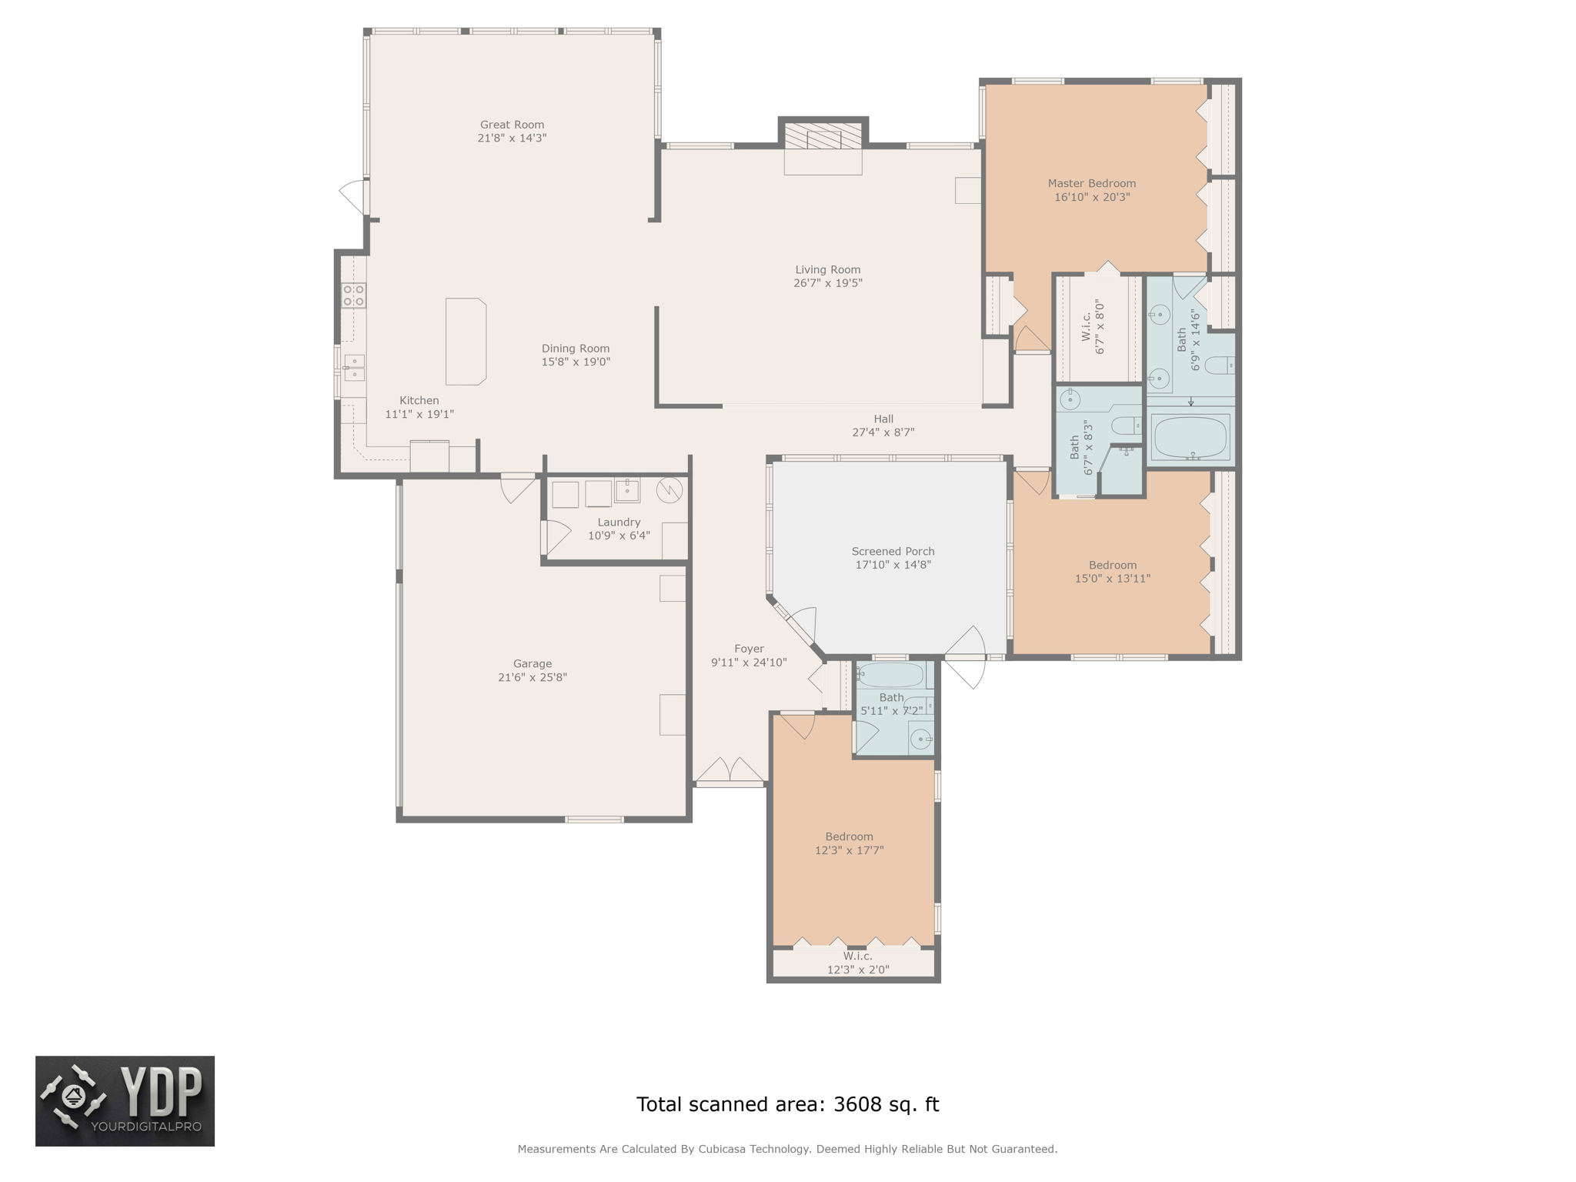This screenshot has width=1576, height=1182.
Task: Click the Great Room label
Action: pyautogui.click(x=512, y=125)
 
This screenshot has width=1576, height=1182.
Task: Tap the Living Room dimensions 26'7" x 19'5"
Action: pyautogui.click(x=828, y=283)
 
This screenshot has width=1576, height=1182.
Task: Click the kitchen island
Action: pyautogui.click(x=466, y=342)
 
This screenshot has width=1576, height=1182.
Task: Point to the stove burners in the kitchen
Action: pyautogui.click(x=354, y=295)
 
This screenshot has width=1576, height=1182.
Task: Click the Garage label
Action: pyautogui.click(x=533, y=664)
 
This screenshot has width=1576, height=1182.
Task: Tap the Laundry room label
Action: pyautogui.click(x=619, y=523)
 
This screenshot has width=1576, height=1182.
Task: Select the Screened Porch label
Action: pyautogui.click(x=893, y=552)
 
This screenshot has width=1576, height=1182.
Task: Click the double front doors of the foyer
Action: pyautogui.click(x=730, y=771)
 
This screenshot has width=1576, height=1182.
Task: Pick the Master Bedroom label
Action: pyautogui.click(x=1092, y=184)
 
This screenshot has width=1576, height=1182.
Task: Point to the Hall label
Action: pyautogui.click(x=883, y=419)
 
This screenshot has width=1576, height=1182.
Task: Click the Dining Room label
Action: pyautogui.click(x=576, y=349)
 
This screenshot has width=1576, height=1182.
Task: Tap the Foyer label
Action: pyautogui.click(x=749, y=649)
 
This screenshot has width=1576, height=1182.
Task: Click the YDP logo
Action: pyautogui.click(x=125, y=1101)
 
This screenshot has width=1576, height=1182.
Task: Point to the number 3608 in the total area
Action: pyautogui.click(x=858, y=1104)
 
